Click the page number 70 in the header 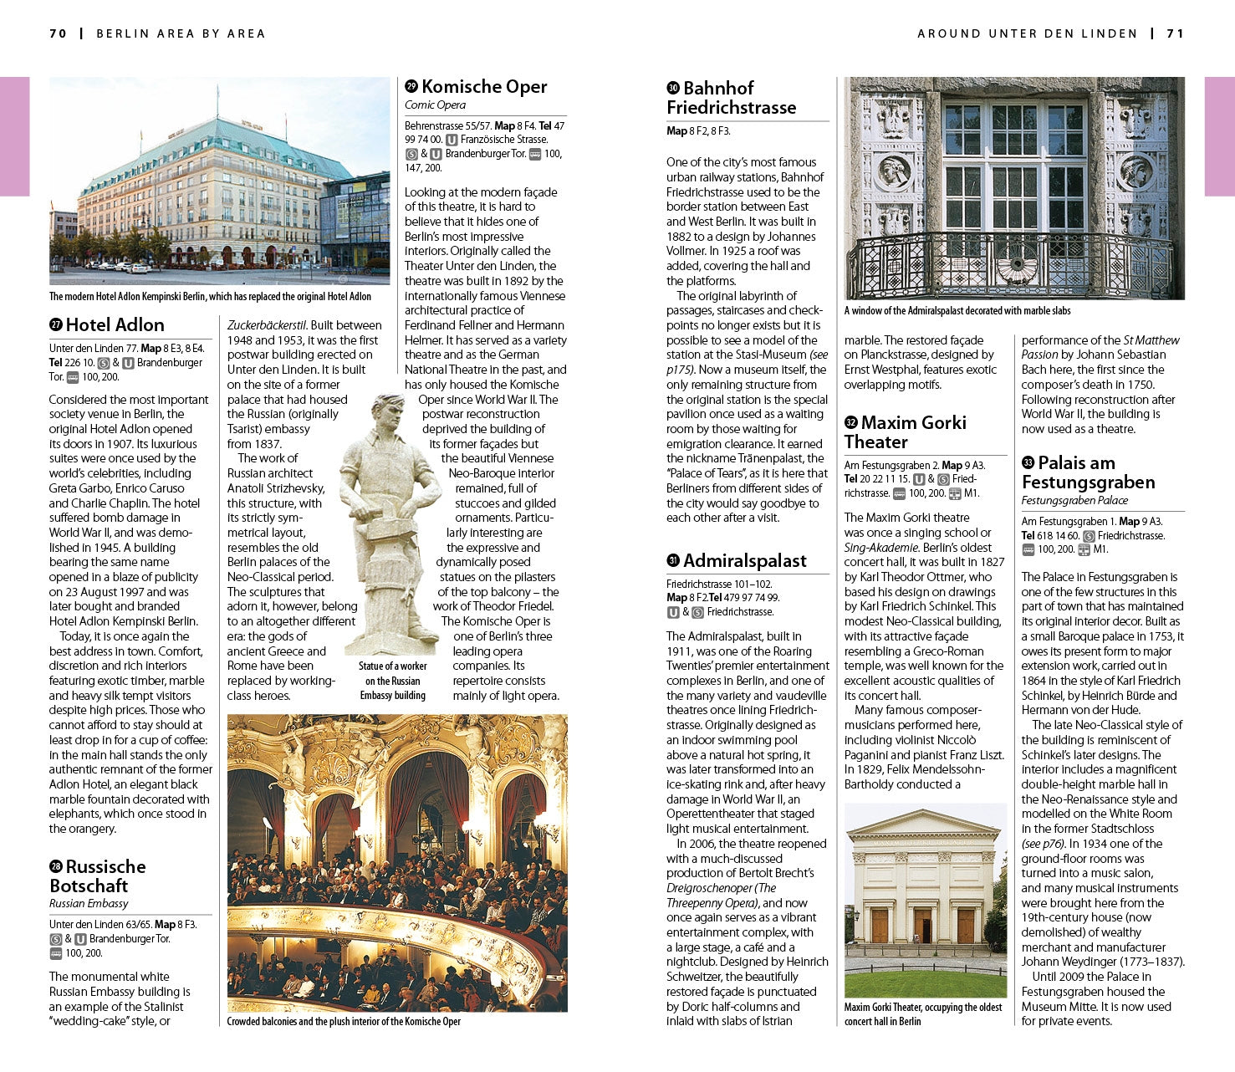(58, 33)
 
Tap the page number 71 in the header (1176, 33)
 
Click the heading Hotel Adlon (115, 324)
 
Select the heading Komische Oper (484, 87)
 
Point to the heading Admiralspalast (744, 561)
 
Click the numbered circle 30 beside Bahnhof (673, 89)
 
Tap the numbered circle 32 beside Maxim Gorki (851, 423)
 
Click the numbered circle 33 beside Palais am (1028, 463)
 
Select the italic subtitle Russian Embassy (89, 903)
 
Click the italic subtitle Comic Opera (435, 105)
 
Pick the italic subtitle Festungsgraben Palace (1074, 500)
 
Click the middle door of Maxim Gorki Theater (922, 926)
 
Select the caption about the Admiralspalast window (957, 311)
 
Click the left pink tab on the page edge (14, 136)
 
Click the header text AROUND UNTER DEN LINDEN (1027, 33)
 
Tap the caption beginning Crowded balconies (344, 1021)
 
